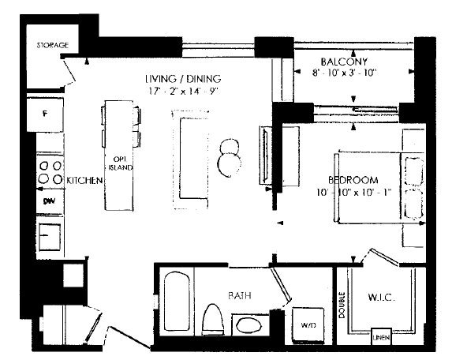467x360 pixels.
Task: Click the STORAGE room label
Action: point(53,45)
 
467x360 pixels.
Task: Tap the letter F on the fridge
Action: point(45,113)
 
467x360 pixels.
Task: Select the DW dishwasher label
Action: point(50,201)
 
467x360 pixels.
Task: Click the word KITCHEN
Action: point(84,180)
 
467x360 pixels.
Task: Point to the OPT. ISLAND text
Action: point(120,163)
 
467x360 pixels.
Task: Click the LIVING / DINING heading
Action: point(183,79)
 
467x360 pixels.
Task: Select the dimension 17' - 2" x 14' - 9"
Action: point(184,91)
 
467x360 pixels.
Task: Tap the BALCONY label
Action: point(344,62)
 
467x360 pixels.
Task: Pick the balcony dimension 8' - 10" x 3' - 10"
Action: point(345,73)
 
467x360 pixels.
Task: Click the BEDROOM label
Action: point(353,180)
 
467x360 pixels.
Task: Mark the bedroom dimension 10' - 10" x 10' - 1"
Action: point(354,192)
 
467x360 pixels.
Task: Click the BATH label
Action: point(240,295)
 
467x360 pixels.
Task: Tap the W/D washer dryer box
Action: point(308,324)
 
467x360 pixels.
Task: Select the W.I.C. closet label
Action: point(382,297)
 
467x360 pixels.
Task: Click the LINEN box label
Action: point(381,337)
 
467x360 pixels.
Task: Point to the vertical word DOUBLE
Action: point(342,306)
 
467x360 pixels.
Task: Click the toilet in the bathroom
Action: point(213,320)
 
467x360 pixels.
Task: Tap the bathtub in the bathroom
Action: point(177,301)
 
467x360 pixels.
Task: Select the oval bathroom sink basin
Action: point(249,325)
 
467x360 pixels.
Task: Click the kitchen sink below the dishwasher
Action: point(50,237)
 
